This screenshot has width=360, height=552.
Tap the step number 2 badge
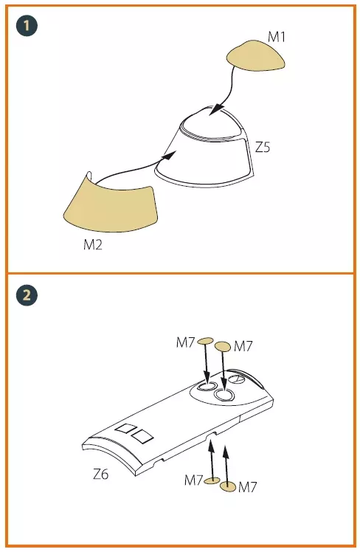pyautogui.click(x=27, y=294)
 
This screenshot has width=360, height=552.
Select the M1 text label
pyautogui.click(x=277, y=37)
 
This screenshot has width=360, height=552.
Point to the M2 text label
pyautogui.click(x=93, y=244)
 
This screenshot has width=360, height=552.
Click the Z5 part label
pyautogui.click(x=263, y=147)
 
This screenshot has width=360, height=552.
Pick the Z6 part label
pyautogui.click(x=100, y=475)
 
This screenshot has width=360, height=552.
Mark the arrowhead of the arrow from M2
pyautogui.click(x=170, y=155)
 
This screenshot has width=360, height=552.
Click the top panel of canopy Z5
pyautogui.click(x=212, y=124)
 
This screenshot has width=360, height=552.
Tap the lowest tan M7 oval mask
pyautogui.click(x=228, y=487)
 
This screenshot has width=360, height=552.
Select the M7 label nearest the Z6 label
pyautogui.click(x=194, y=480)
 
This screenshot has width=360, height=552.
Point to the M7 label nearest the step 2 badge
pyautogui.click(x=185, y=342)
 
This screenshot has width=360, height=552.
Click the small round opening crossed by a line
pyautogui.click(x=237, y=379)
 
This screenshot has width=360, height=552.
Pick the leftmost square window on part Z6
pyautogui.click(x=126, y=429)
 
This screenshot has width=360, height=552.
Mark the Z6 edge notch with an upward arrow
pyautogui.click(x=212, y=436)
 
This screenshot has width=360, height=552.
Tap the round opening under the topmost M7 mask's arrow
pyautogui.click(x=207, y=386)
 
